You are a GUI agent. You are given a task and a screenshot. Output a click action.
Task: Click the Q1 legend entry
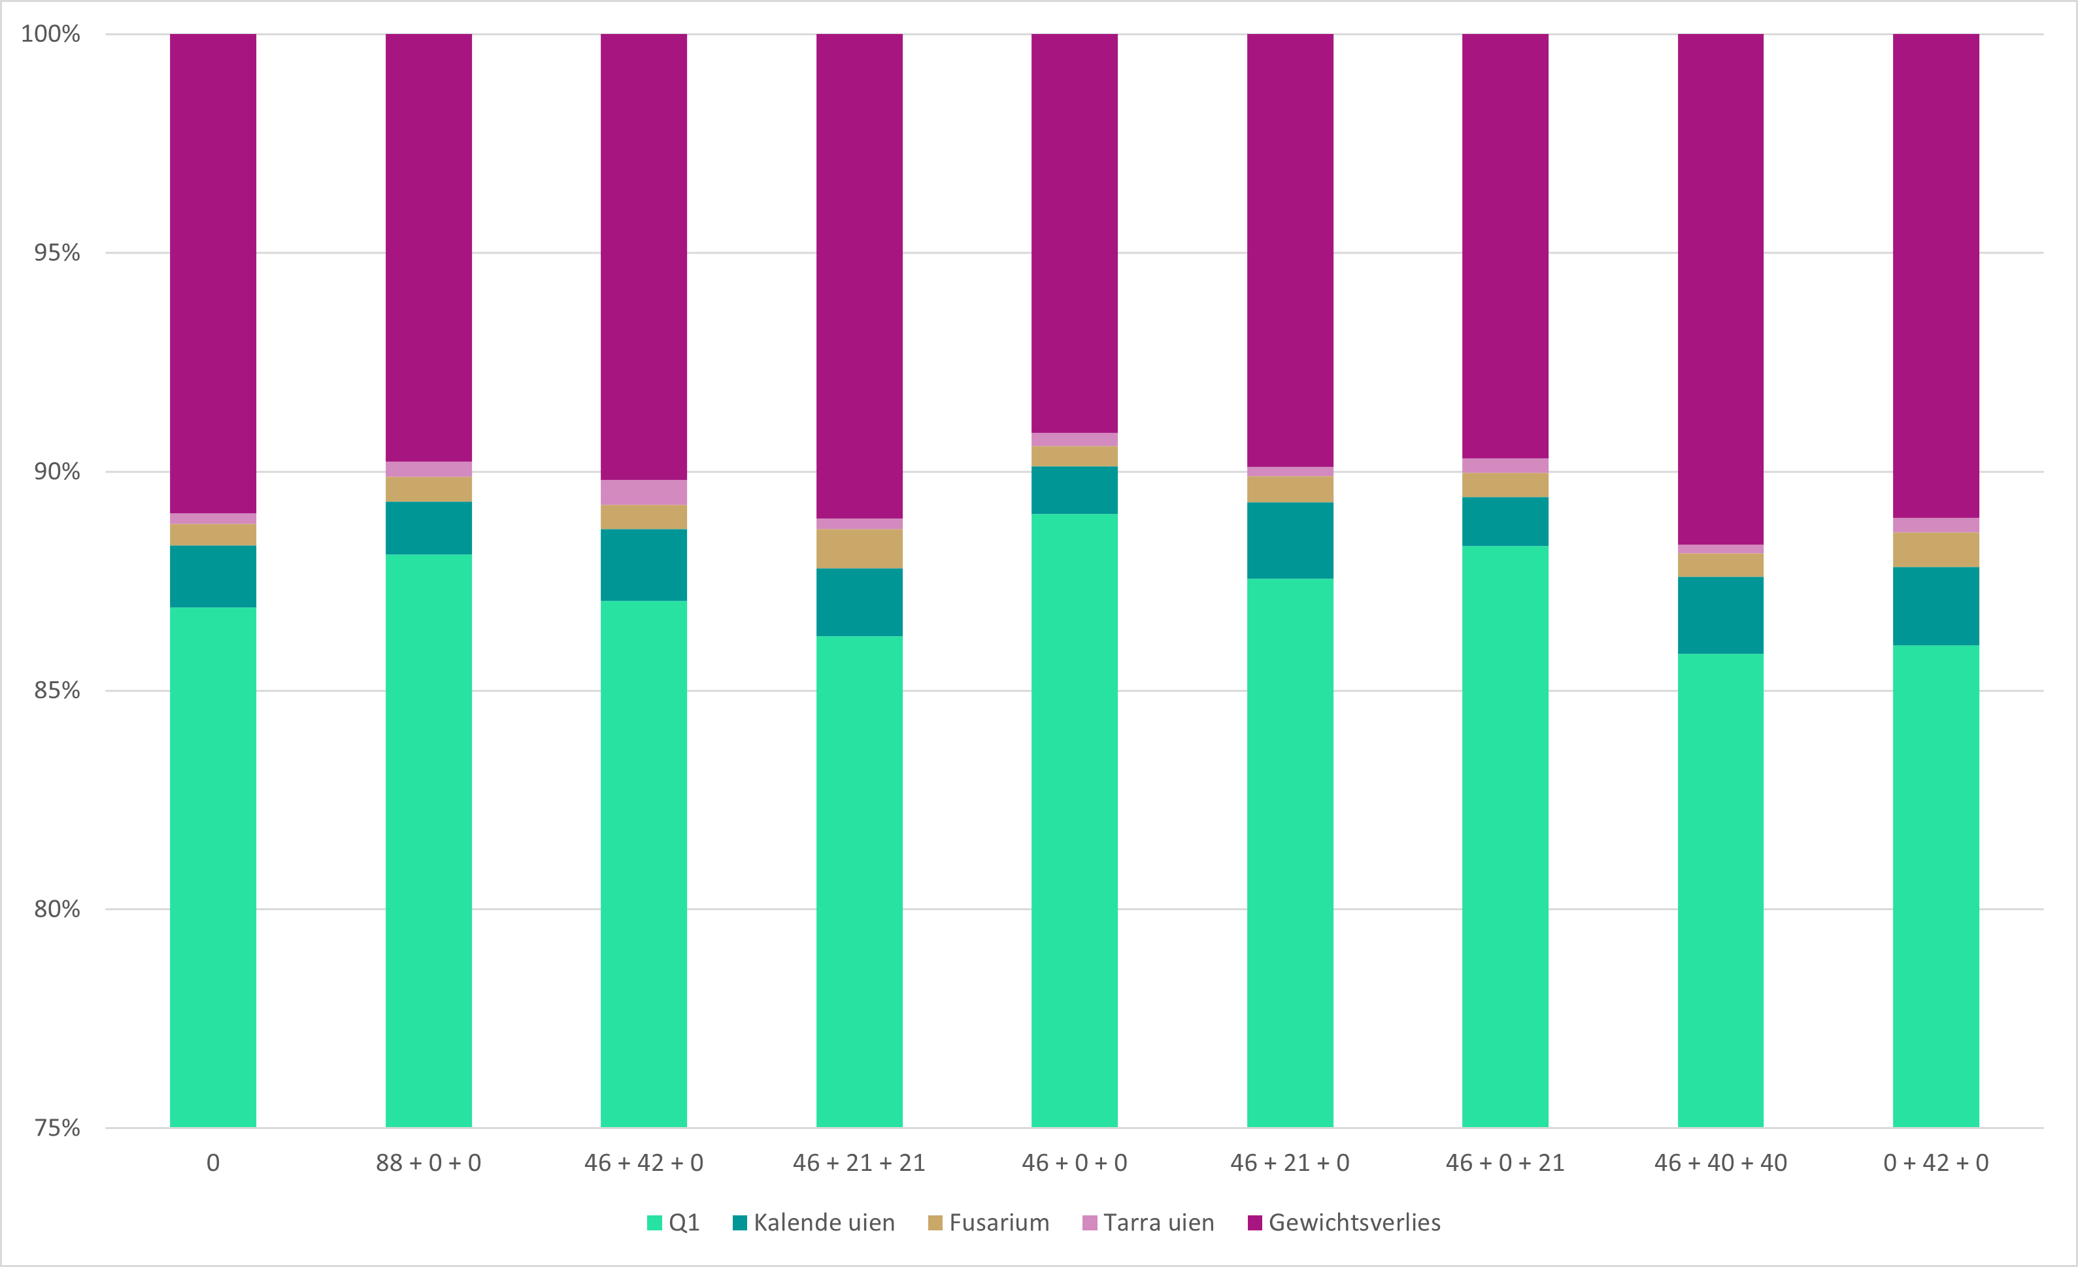673,1223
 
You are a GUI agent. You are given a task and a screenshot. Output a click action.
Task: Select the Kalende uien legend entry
814,1223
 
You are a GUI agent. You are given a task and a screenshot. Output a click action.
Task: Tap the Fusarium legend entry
988,1223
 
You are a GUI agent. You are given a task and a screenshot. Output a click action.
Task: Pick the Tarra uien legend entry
1148,1223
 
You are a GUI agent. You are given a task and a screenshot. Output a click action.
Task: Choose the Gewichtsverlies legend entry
1345,1223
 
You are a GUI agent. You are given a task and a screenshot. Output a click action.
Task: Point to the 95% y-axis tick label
56,252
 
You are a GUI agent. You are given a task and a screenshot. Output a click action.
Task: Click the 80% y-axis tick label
56,909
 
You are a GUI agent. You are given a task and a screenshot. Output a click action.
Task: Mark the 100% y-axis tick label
50,34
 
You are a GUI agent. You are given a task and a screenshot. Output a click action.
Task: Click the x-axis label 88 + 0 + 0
428,1163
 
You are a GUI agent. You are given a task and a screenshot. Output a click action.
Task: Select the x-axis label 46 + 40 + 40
1720,1163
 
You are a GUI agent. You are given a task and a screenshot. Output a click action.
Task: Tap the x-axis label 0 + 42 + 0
1936,1163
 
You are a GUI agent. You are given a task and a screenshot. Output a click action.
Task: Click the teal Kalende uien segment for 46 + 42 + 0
643,565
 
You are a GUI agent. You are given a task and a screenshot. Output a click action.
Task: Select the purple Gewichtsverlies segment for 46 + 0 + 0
1075,233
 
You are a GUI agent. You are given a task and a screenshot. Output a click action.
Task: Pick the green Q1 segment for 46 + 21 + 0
1290,852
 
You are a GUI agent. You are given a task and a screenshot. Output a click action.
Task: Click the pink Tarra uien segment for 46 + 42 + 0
643,493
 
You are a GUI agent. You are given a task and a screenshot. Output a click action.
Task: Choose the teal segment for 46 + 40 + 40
1720,616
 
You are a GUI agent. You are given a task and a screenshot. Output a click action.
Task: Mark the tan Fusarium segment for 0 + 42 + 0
1936,550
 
